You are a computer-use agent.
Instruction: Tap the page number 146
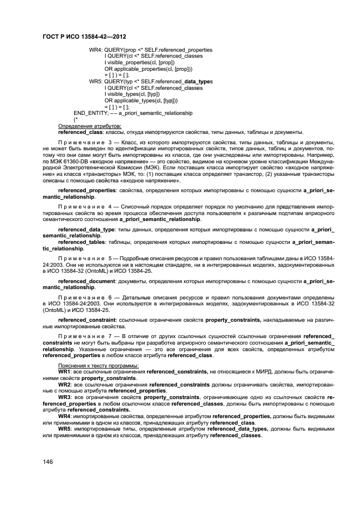(48, 461)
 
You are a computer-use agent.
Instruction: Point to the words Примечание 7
(84, 336)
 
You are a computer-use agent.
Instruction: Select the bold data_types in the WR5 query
(198, 81)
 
